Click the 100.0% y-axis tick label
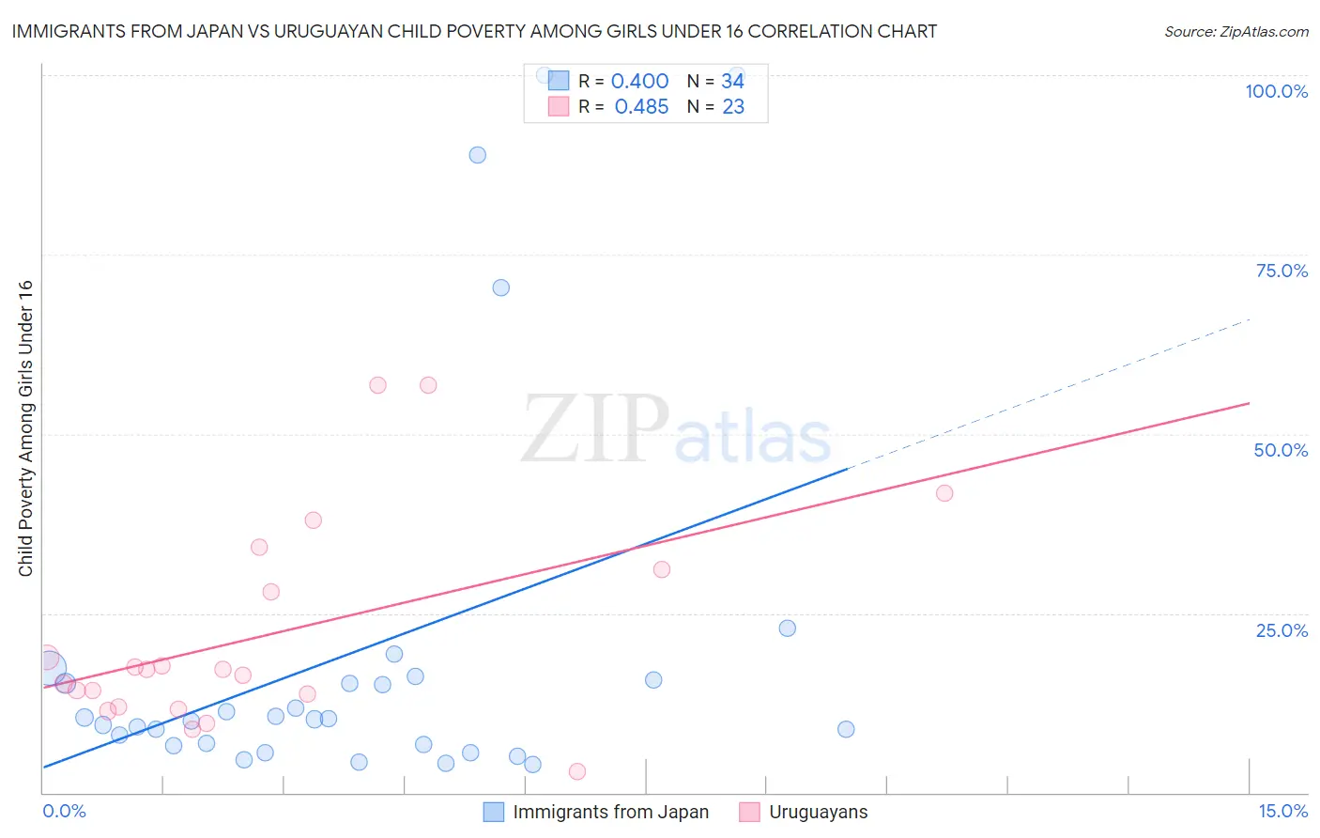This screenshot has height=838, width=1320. [1276, 91]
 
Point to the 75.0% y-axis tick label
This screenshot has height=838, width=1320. [1282, 271]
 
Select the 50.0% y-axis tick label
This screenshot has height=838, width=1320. [1281, 450]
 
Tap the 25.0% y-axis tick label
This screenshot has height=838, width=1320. [1282, 630]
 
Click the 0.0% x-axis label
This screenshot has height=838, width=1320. [65, 811]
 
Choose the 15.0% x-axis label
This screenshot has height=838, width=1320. [1282, 811]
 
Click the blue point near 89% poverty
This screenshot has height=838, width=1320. [478, 155]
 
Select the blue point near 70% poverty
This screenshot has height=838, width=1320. [501, 287]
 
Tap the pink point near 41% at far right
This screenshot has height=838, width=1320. [944, 493]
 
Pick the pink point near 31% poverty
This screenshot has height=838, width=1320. [662, 569]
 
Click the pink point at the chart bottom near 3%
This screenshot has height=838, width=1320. [577, 771]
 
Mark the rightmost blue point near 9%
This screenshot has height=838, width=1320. [846, 729]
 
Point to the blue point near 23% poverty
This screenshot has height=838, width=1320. [788, 628]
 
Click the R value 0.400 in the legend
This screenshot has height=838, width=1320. [639, 82]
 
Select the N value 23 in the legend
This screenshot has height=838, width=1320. [733, 107]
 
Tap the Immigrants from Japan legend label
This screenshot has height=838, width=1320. [610, 812]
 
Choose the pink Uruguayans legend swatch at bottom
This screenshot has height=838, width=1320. [749, 812]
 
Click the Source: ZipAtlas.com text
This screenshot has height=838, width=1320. [1236, 32]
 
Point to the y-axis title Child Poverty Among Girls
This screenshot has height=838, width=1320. [25, 428]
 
